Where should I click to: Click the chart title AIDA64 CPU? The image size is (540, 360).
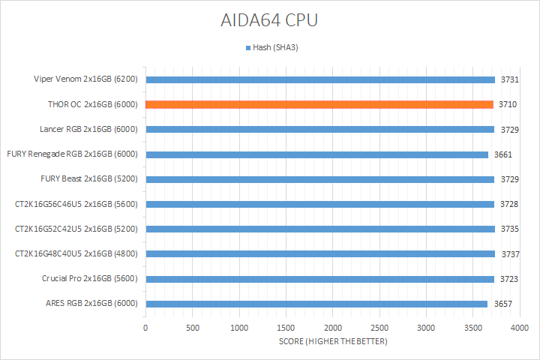click(268, 20)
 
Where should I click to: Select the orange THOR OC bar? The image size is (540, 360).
click(319, 104)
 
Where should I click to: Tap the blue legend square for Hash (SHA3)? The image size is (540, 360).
click(247, 48)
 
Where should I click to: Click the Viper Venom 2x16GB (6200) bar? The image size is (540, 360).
click(320, 79)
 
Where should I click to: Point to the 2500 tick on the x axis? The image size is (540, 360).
click(379, 328)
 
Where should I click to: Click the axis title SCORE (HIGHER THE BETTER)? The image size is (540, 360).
click(332, 343)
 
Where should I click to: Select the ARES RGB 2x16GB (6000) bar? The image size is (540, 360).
click(316, 304)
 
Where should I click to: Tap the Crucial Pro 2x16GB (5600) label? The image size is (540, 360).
click(91, 279)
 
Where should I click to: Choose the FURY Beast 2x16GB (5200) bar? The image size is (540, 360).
click(320, 179)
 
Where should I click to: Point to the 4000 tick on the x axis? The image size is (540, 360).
click(520, 328)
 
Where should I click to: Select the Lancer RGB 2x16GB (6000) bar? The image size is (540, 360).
click(320, 129)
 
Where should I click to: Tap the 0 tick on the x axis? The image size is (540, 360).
click(145, 328)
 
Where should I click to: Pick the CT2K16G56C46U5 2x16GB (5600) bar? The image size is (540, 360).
click(320, 204)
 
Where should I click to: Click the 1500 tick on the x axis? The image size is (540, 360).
click(286, 328)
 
